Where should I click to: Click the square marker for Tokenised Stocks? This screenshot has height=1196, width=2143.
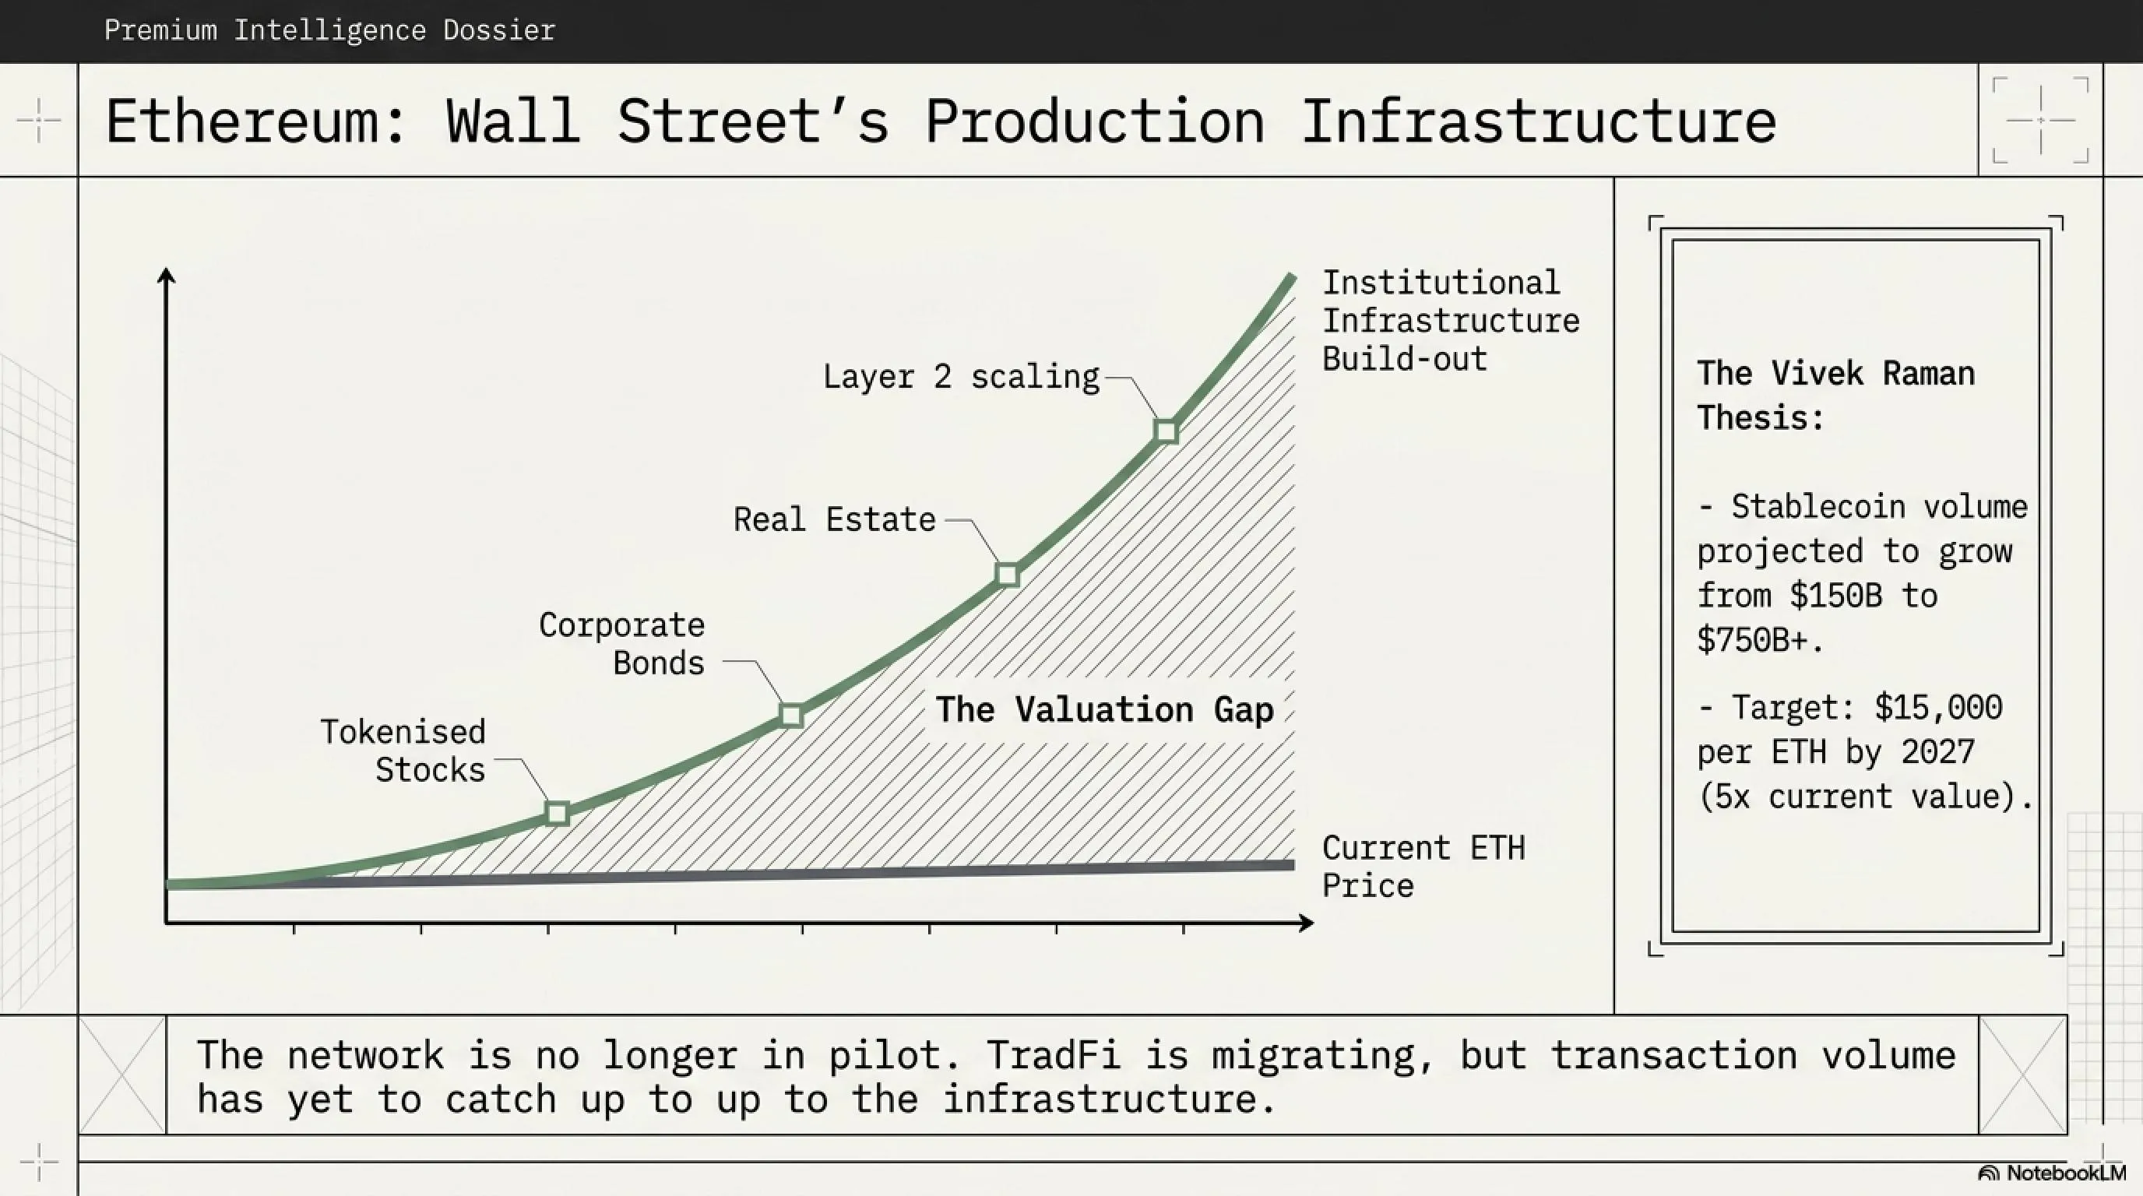[558, 813]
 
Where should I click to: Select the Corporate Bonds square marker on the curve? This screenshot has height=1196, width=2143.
[791, 716]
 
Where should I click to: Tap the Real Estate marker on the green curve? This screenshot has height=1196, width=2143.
[1008, 575]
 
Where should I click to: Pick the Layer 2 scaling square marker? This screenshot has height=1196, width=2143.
[1167, 431]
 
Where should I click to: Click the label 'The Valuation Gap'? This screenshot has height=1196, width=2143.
[1104, 709]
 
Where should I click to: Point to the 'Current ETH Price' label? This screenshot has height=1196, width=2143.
[1423, 867]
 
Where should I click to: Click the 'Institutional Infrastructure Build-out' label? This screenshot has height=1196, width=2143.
[1450, 321]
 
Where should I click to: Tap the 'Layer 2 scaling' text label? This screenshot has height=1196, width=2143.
[961, 377]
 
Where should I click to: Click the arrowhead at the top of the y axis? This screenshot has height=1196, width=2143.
[167, 276]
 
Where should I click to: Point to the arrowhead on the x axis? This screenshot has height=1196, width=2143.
[1306, 923]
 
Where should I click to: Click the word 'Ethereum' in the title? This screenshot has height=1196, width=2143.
[242, 122]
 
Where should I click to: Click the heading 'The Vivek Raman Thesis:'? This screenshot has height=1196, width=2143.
[1835, 395]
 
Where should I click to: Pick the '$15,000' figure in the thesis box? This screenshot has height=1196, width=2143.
[1938, 708]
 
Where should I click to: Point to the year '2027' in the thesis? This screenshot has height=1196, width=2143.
[1937, 752]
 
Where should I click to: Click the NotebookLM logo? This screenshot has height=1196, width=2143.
[2051, 1173]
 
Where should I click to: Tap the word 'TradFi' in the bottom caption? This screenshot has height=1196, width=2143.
[1054, 1055]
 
